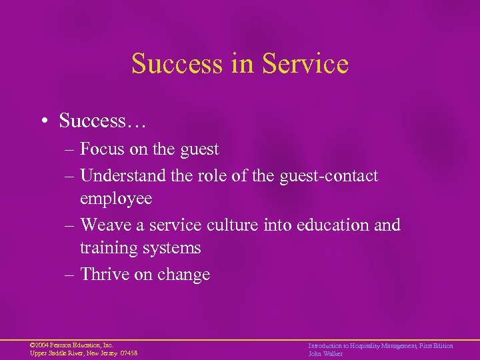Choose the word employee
pos(116,199)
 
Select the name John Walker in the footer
pos(325,353)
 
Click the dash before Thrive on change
pos(70,275)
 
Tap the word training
pos(107,248)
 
